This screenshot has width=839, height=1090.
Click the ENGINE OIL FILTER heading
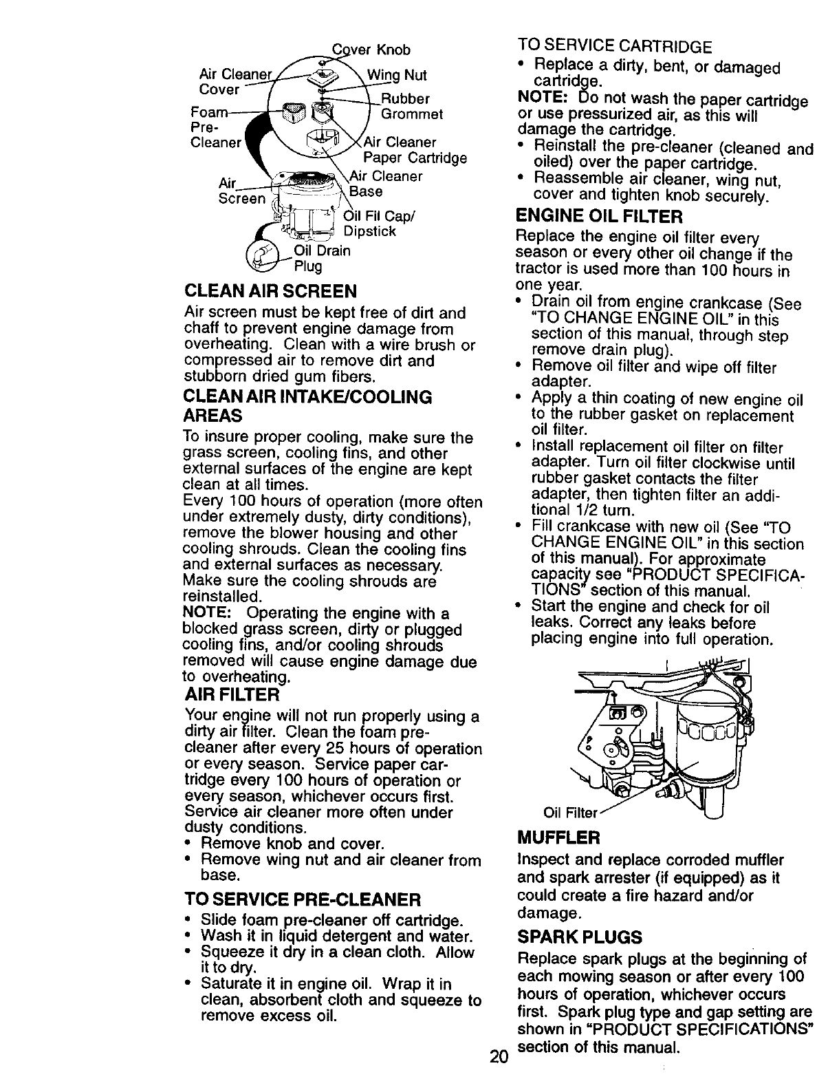point(598,217)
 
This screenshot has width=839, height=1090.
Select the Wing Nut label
point(397,74)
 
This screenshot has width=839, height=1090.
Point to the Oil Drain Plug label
point(320,257)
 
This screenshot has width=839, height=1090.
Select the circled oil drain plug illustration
point(266,257)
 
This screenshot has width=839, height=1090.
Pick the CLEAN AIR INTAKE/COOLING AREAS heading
point(307,406)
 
